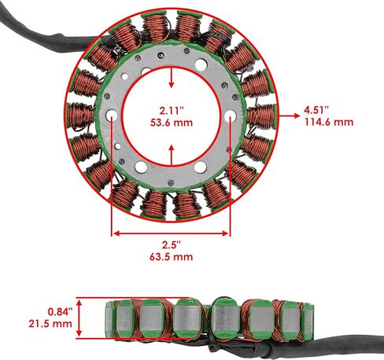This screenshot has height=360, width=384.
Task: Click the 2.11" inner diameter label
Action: click(x=172, y=110)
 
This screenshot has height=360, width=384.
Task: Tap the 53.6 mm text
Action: click(x=172, y=123)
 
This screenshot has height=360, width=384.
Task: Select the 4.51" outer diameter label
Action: click(x=316, y=110)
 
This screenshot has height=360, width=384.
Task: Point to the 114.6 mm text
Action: click(x=329, y=122)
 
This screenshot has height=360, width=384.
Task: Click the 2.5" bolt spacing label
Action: click(x=172, y=245)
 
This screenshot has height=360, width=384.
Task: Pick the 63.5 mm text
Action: click(x=172, y=257)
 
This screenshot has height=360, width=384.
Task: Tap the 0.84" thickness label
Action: click(x=60, y=312)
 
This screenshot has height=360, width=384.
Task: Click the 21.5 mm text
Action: click(x=50, y=324)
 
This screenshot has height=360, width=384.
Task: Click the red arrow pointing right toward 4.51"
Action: click(x=290, y=116)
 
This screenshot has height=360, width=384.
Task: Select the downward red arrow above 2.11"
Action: click(x=172, y=78)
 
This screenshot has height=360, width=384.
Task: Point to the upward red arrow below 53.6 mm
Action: click(x=172, y=155)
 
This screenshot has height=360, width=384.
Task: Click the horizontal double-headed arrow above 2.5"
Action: click(x=171, y=233)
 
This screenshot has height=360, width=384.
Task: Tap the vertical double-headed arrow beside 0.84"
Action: click(x=79, y=318)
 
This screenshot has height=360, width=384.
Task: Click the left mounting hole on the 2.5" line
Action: click(x=112, y=116)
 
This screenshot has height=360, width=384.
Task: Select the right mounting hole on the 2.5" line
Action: click(x=231, y=116)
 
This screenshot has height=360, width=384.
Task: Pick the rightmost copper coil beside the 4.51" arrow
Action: click(x=262, y=116)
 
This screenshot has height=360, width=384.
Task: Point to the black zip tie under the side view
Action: click(x=213, y=346)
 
